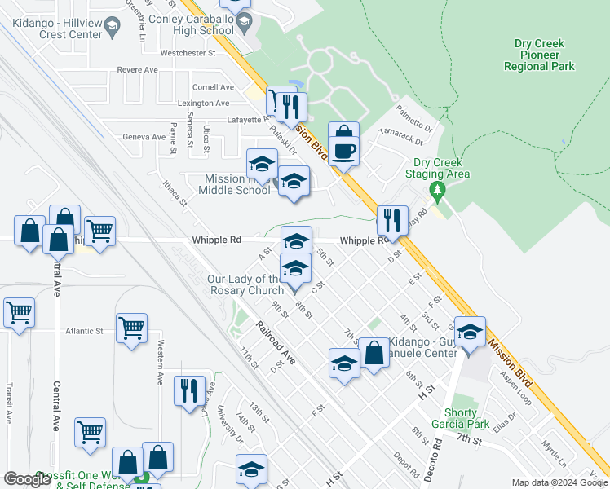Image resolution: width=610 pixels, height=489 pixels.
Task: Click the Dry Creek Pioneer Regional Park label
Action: [544, 55]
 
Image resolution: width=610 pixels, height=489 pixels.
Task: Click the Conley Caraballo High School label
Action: [203, 24]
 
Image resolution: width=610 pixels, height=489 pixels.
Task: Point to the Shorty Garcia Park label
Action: [461, 418]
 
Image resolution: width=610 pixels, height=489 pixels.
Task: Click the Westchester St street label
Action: [187, 53]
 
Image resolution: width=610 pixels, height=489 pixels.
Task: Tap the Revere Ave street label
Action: [137, 70]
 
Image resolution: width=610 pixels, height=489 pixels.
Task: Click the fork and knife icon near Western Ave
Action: [189, 390]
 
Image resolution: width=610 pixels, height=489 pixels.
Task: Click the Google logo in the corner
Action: [27, 478]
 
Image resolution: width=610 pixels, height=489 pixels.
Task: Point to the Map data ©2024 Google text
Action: [559, 482]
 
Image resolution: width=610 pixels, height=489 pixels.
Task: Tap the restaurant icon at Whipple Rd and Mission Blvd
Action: [392, 220]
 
